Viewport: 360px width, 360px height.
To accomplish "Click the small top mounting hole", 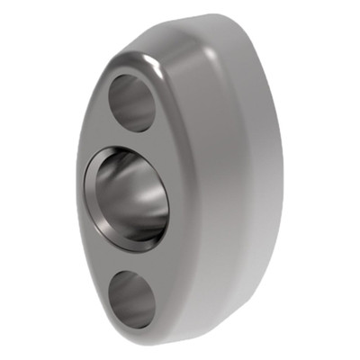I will click(132, 102).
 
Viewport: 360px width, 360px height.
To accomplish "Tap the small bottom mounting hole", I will click(130, 299).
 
